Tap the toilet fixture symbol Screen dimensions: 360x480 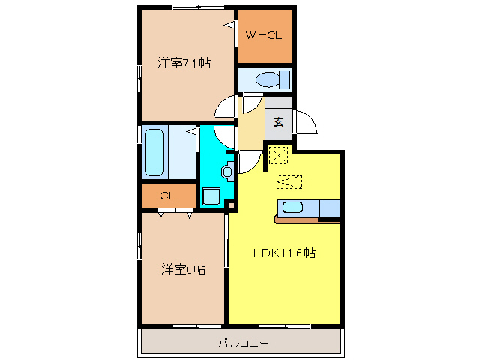[267, 79]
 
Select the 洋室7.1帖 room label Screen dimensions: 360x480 [184, 63]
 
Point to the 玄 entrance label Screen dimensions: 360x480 [278, 121]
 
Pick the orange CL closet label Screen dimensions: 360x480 [166, 196]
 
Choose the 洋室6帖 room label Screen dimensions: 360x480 [184, 268]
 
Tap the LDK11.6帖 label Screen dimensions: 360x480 [283, 253]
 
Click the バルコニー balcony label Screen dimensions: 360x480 [241, 343]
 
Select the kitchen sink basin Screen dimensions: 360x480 [292, 208]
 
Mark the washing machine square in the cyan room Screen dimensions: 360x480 [211, 196]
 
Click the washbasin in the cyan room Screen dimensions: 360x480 [227, 171]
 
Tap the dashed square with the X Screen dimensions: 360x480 [277, 155]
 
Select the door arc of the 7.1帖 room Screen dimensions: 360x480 [225, 109]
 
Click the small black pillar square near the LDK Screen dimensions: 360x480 [232, 205]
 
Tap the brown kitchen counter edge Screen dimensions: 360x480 [307, 220]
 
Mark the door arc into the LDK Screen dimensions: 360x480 [250, 163]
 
